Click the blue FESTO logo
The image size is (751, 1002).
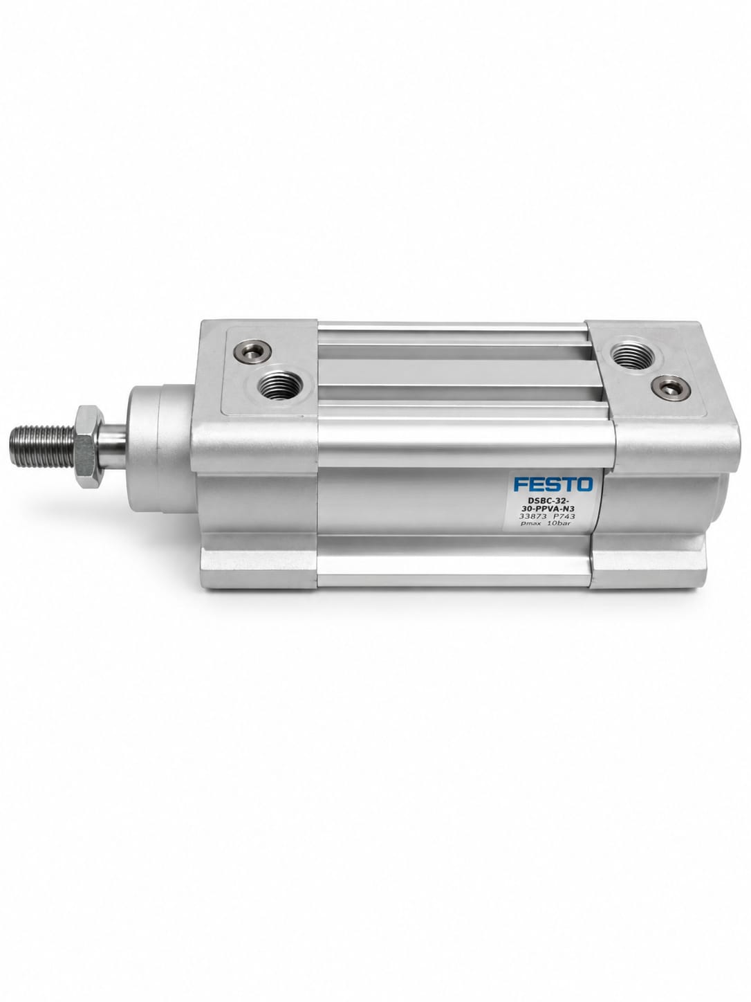pyautogui.click(x=553, y=484)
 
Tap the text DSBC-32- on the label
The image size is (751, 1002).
pyautogui.click(x=552, y=500)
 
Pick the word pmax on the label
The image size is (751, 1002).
pyautogui.click(x=532, y=524)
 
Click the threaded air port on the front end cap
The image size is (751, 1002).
pyautogui.click(x=280, y=385)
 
